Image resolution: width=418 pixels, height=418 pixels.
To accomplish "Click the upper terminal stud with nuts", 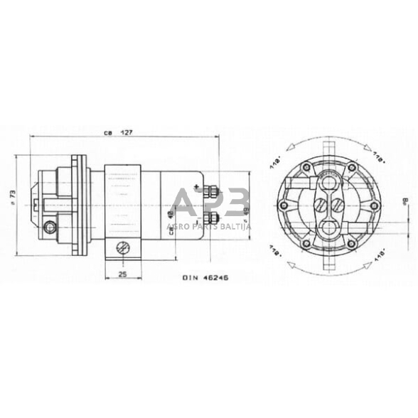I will tap(211, 192).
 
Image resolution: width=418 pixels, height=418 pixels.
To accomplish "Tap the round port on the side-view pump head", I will tap(49, 227).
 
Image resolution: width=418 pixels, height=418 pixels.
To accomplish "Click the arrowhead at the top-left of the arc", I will tap(287, 147).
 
